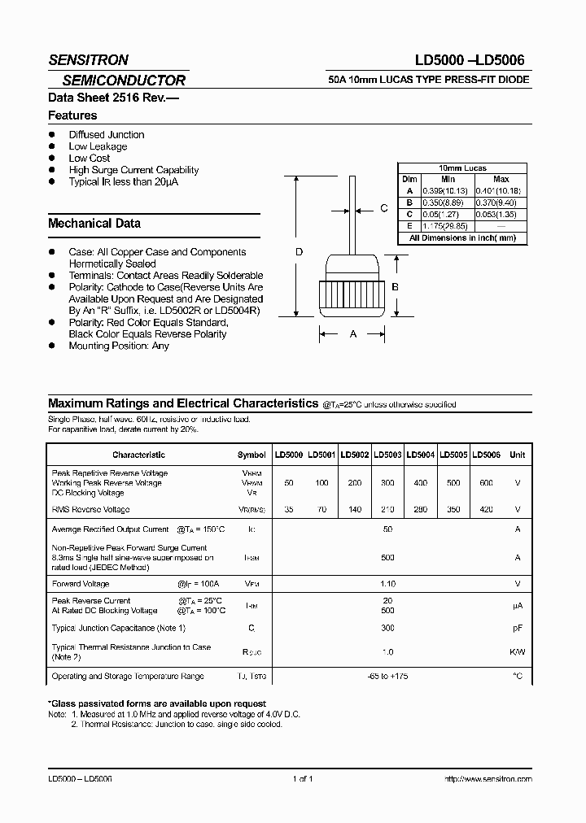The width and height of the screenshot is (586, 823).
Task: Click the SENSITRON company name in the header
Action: coord(88,59)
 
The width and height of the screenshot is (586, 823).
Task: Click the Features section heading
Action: coord(73,115)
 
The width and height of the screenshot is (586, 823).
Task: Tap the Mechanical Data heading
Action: coord(94,223)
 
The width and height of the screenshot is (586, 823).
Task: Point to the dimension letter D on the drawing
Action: coord(299,252)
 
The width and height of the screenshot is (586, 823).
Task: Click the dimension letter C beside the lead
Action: coord(384,208)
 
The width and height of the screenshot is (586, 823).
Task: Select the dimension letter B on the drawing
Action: coord(395,287)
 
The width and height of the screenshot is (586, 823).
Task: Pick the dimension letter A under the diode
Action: coord(352,333)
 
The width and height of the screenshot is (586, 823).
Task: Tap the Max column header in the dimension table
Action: coord(501,179)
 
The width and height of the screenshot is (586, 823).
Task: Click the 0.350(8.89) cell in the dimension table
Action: coord(448,202)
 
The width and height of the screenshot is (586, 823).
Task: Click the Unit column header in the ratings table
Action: coord(517,455)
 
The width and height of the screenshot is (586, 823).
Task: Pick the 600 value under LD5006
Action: coord(486,483)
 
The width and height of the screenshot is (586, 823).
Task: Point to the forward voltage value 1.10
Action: coord(387,584)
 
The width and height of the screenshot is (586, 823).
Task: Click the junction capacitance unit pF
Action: coord(517,628)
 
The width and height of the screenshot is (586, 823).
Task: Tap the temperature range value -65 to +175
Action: coord(387,676)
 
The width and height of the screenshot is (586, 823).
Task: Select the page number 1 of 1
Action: coord(302,778)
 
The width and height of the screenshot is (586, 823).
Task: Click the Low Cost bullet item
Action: coord(90,158)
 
